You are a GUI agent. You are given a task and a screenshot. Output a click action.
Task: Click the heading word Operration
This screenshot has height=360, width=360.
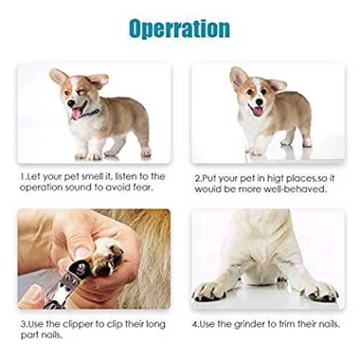tap(179, 30)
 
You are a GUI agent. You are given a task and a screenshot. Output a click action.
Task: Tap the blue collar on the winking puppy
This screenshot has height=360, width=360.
tap(91, 113)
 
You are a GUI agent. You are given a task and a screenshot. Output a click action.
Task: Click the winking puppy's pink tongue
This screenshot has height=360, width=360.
tap(76, 113)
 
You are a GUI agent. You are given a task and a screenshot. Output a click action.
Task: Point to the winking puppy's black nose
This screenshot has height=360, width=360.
tap(71, 103)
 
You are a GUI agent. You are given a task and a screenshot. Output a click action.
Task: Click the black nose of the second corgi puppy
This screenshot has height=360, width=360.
tap(259, 102)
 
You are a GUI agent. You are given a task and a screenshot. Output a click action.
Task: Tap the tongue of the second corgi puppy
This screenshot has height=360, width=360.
tap(258, 112)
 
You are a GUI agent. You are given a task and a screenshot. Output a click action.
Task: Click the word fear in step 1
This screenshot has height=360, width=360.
tap(143, 187)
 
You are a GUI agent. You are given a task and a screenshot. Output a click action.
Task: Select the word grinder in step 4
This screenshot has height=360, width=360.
tap(250, 325)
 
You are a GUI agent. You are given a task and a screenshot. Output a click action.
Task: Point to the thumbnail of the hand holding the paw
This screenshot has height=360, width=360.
tap(81, 251)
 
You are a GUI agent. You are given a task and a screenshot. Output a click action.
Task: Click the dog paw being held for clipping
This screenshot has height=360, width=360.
tap(107, 257)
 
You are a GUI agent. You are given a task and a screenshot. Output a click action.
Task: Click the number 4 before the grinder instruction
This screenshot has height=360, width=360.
tap(195, 325)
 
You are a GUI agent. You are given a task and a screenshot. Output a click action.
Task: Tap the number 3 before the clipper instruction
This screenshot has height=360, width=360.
tap(23, 324)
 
